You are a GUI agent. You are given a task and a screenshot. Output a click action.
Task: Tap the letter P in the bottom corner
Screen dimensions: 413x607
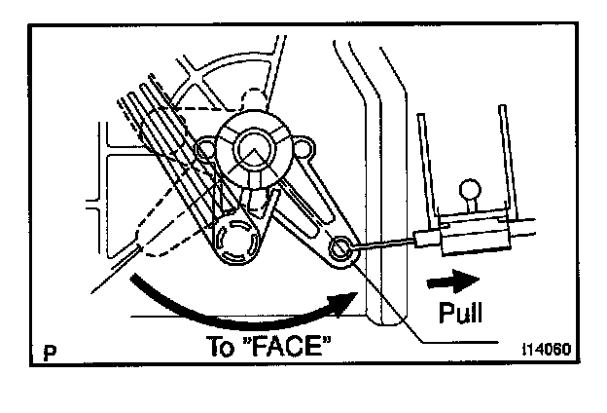point(48,354)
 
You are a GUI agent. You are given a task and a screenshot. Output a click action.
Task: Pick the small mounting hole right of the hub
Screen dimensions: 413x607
point(303,148)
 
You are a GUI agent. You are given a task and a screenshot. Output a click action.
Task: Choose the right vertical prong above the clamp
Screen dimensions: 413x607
point(503,156)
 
